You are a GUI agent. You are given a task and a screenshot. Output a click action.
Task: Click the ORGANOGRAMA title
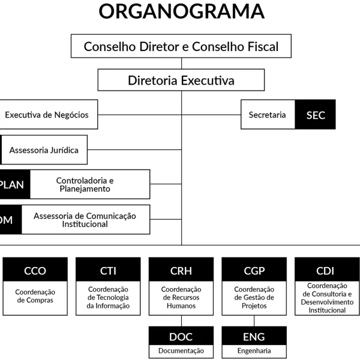(x=181, y=11)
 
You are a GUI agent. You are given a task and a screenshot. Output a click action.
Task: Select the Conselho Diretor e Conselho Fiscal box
(x=181, y=47)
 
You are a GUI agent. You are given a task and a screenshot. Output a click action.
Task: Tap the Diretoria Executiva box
(x=181, y=80)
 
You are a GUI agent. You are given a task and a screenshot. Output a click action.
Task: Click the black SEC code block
(x=315, y=115)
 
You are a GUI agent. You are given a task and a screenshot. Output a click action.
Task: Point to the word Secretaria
(x=267, y=115)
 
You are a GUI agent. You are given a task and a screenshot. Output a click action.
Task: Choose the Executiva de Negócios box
(x=47, y=115)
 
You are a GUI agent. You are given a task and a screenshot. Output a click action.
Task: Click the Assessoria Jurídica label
(x=44, y=150)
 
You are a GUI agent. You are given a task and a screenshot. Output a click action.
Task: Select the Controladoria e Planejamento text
(x=85, y=184)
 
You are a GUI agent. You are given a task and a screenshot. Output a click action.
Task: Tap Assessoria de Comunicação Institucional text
(x=85, y=220)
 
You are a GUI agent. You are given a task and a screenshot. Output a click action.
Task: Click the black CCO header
(x=35, y=271)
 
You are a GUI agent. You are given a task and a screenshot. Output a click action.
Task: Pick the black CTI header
(x=108, y=271)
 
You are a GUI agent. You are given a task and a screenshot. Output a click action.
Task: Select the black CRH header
(x=181, y=271)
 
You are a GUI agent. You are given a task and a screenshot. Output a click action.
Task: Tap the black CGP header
(x=254, y=271)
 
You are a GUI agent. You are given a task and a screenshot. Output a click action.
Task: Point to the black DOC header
(x=181, y=337)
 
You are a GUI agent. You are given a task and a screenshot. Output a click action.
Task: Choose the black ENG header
(x=254, y=337)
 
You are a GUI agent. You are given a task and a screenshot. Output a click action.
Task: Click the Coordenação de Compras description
(x=35, y=296)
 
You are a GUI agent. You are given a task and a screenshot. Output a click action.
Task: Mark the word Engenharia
(x=254, y=351)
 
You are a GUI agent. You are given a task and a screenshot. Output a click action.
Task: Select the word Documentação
(x=181, y=351)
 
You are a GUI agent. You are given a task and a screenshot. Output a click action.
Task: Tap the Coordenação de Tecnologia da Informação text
(x=108, y=297)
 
